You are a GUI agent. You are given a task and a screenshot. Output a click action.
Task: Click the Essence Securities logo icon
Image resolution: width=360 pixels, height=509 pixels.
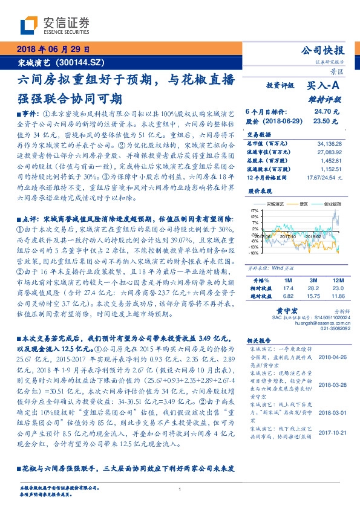(x=30, y=25)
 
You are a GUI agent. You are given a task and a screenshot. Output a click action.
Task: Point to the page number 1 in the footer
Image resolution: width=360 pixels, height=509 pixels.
(x=180, y=490)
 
